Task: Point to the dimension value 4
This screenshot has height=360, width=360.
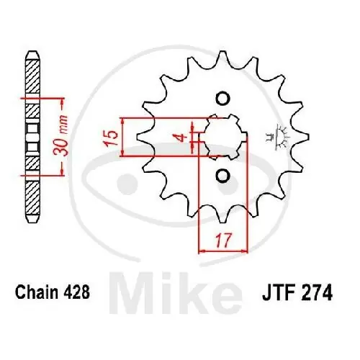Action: [x=184, y=135]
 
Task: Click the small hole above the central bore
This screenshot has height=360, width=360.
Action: [x=222, y=99]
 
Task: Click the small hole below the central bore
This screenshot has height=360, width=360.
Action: [x=222, y=174]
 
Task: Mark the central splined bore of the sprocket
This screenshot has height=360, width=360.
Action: [x=222, y=135]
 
